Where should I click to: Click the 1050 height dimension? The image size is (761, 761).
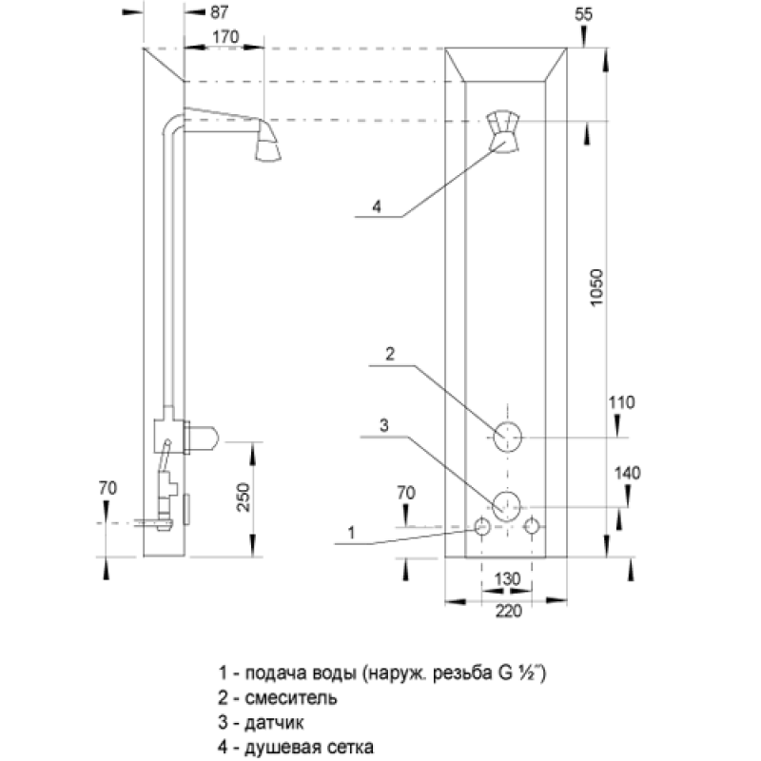pyautogui.click(x=596, y=287)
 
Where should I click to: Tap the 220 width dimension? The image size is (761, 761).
pyautogui.click(x=508, y=611)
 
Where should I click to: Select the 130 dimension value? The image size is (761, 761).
pyautogui.click(x=507, y=579)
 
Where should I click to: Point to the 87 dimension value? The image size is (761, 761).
pyautogui.click(x=219, y=12)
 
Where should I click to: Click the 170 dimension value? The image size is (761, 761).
pyautogui.click(x=225, y=37)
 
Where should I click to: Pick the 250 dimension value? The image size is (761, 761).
pyautogui.click(x=244, y=498)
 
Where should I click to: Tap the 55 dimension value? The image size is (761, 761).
pyautogui.click(x=583, y=14)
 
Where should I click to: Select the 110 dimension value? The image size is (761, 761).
pyautogui.click(x=621, y=402)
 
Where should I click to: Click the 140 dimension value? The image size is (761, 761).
pyautogui.click(x=627, y=473)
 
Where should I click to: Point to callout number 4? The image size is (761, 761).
pyautogui.click(x=377, y=206)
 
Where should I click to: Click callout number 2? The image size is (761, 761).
pyautogui.click(x=390, y=354)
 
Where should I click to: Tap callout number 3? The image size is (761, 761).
pyautogui.click(x=384, y=425)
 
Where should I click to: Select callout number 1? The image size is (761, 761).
pyautogui.click(x=351, y=533)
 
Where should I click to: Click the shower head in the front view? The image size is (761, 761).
pyautogui.click(x=504, y=131)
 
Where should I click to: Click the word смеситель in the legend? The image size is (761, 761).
pyautogui.click(x=291, y=697)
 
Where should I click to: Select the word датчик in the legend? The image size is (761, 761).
pyautogui.click(x=274, y=723)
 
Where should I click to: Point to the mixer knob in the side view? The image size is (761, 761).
pyautogui.click(x=204, y=438)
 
